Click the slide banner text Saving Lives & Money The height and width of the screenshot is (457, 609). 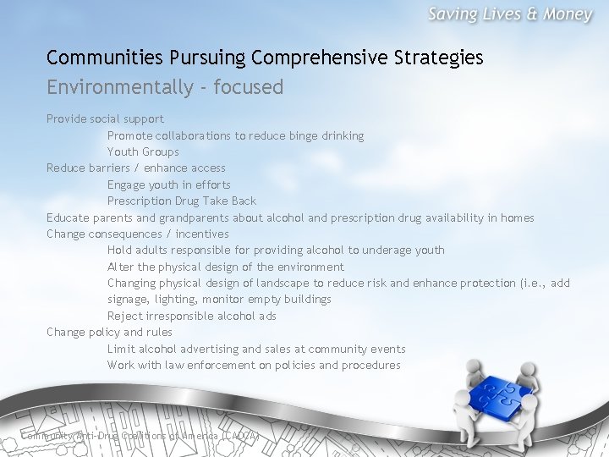pyautogui.click(x=509, y=15)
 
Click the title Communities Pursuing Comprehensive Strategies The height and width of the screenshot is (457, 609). pyautogui.click(x=265, y=58)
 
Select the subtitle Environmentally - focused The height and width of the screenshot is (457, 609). pyautogui.click(x=165, y=87)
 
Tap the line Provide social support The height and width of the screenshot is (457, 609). pyautogui.click(x=105, y=119)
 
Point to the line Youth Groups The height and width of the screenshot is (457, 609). pyautogui.click(x=143, y=152)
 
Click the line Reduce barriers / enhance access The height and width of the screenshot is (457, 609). pyautogui.click(x=135, y=168)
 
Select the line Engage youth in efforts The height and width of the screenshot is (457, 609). pyautogui.click(x=168, y=184)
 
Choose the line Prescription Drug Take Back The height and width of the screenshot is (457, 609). pyautogui.click(x=181, y=201)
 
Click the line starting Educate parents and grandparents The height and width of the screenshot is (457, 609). pyautogui.click(x=290, y=217)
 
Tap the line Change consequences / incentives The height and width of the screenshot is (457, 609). pyautogui.click(x=137, y=234)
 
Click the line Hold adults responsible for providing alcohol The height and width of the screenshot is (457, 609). pyautogui.click(x=276, y=251)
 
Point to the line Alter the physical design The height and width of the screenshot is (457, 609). pyautogui.click(x=225, y=267)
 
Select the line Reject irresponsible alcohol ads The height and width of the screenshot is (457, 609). pyautogui.click(x=191, y=316)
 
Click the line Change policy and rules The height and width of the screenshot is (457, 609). pyautogui.click(x=109, y=333)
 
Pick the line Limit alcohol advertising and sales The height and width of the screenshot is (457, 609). pyautogui.click(x=256, y=349)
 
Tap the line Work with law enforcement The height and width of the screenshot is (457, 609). pyautogui.click(x=254, y=366)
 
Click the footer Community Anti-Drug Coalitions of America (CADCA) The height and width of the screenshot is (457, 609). pyautogui.click(x=140, y=436)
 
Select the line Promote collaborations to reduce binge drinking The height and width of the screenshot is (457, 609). pyautogui.click(x=235, y=135)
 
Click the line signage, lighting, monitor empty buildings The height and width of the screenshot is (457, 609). pyautogui.click(x=219, y=300)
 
